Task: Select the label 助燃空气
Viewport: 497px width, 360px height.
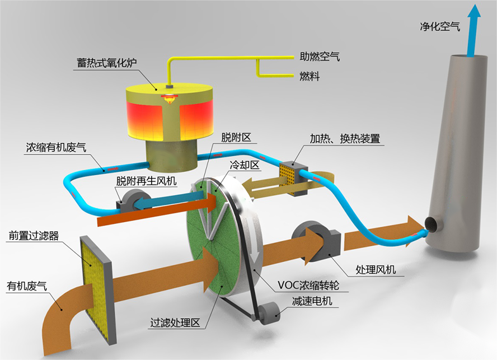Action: point(320,57)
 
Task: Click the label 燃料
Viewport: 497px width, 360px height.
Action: point(310,76)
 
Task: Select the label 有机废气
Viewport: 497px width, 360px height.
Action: point(27,286)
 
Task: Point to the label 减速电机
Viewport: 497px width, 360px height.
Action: point(312,301)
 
